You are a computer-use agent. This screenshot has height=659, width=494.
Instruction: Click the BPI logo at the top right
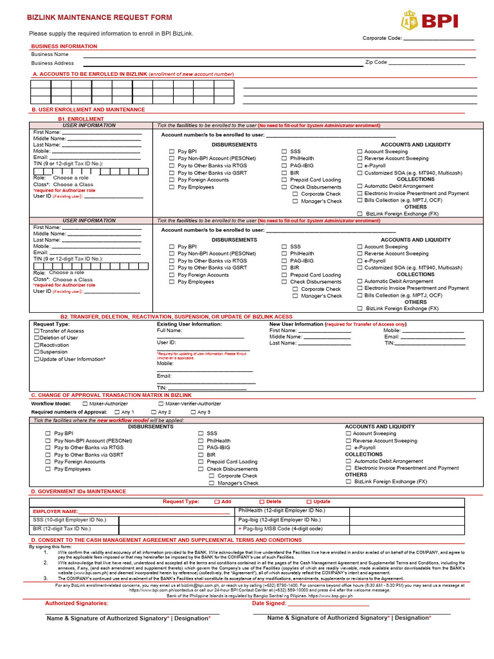429,21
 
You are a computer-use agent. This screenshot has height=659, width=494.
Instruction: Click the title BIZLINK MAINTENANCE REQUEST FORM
99,17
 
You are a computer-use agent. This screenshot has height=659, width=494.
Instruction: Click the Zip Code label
376,62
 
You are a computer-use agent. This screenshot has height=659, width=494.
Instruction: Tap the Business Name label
50,55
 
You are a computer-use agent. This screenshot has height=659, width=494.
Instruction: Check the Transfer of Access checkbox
37,331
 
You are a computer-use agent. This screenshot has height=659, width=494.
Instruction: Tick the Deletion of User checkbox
37,339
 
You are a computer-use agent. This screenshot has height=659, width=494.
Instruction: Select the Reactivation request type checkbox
37,346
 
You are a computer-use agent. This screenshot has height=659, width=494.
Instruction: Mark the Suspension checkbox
37,353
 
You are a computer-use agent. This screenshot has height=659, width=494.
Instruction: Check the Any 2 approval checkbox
154,413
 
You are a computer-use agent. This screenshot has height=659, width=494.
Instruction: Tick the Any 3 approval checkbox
193,413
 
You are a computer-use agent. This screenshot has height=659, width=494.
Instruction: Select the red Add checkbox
217,501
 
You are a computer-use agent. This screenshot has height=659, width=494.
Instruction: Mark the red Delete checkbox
262,501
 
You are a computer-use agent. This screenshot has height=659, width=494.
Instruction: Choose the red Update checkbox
309,501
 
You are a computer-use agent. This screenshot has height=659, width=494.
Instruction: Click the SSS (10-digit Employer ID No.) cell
69,520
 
